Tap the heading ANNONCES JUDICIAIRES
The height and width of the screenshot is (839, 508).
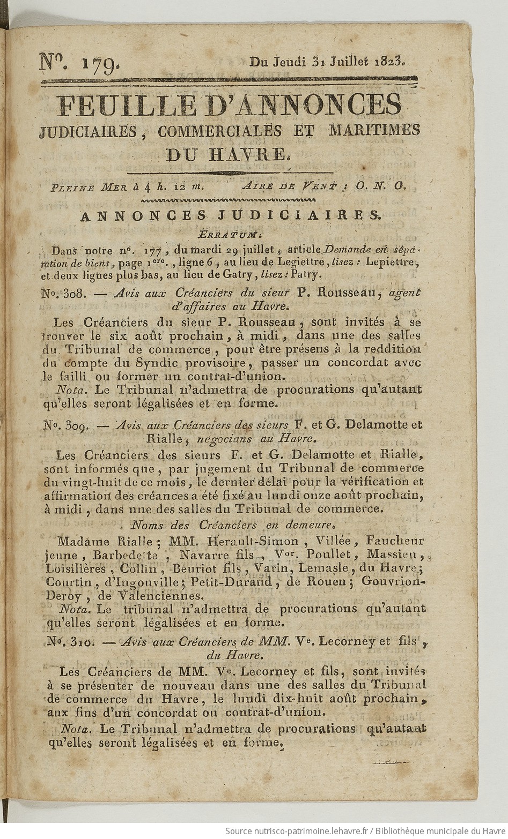click(x=229, y=215)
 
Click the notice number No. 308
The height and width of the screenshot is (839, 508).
click(x=61, y=293)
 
